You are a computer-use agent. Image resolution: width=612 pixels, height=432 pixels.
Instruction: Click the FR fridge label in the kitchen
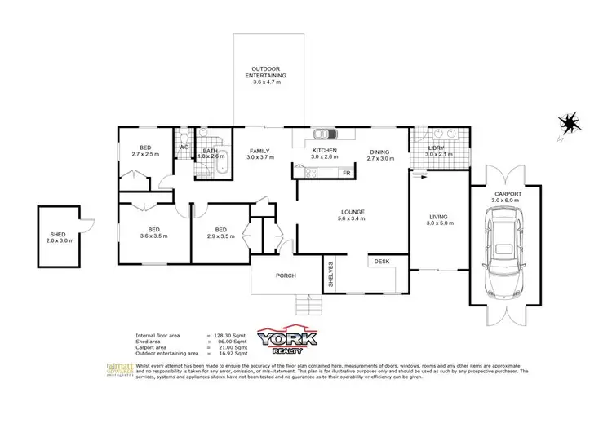point(346,173)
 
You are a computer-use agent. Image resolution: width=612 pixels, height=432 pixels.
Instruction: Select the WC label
point(183,148)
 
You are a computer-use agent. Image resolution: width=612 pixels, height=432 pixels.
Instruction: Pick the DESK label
point(382,262)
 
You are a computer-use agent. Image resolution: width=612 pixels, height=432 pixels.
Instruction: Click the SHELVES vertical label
point(331,275)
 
